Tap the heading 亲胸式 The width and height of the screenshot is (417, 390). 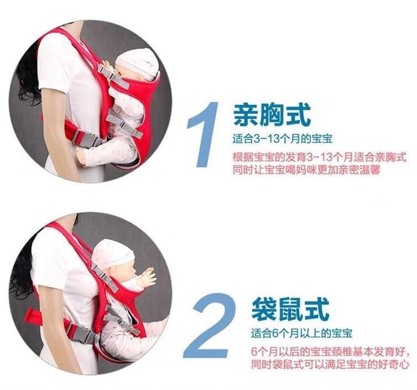(x=272, y=115)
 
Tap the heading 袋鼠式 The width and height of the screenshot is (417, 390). (x=290, y=308)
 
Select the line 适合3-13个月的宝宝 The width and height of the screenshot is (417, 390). (x=283, y=139)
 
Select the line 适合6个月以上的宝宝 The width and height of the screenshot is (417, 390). (x=301, y=333)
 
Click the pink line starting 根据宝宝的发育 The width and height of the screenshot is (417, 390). (x=320, y=157)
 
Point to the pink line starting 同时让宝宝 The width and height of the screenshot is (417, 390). (x=306, y=170)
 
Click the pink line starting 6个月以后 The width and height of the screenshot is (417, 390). (x=330, y=352)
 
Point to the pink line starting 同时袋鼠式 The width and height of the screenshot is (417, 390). (x=330, y=364)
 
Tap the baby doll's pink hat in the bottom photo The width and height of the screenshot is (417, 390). (x=113, y=253)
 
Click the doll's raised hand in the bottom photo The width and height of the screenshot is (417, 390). (x=148, y=277)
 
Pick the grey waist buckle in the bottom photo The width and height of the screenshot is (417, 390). (x=82, y=333)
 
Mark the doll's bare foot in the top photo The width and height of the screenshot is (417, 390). (x=83, y=155)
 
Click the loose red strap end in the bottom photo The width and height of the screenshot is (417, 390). (x=35, y=316)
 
